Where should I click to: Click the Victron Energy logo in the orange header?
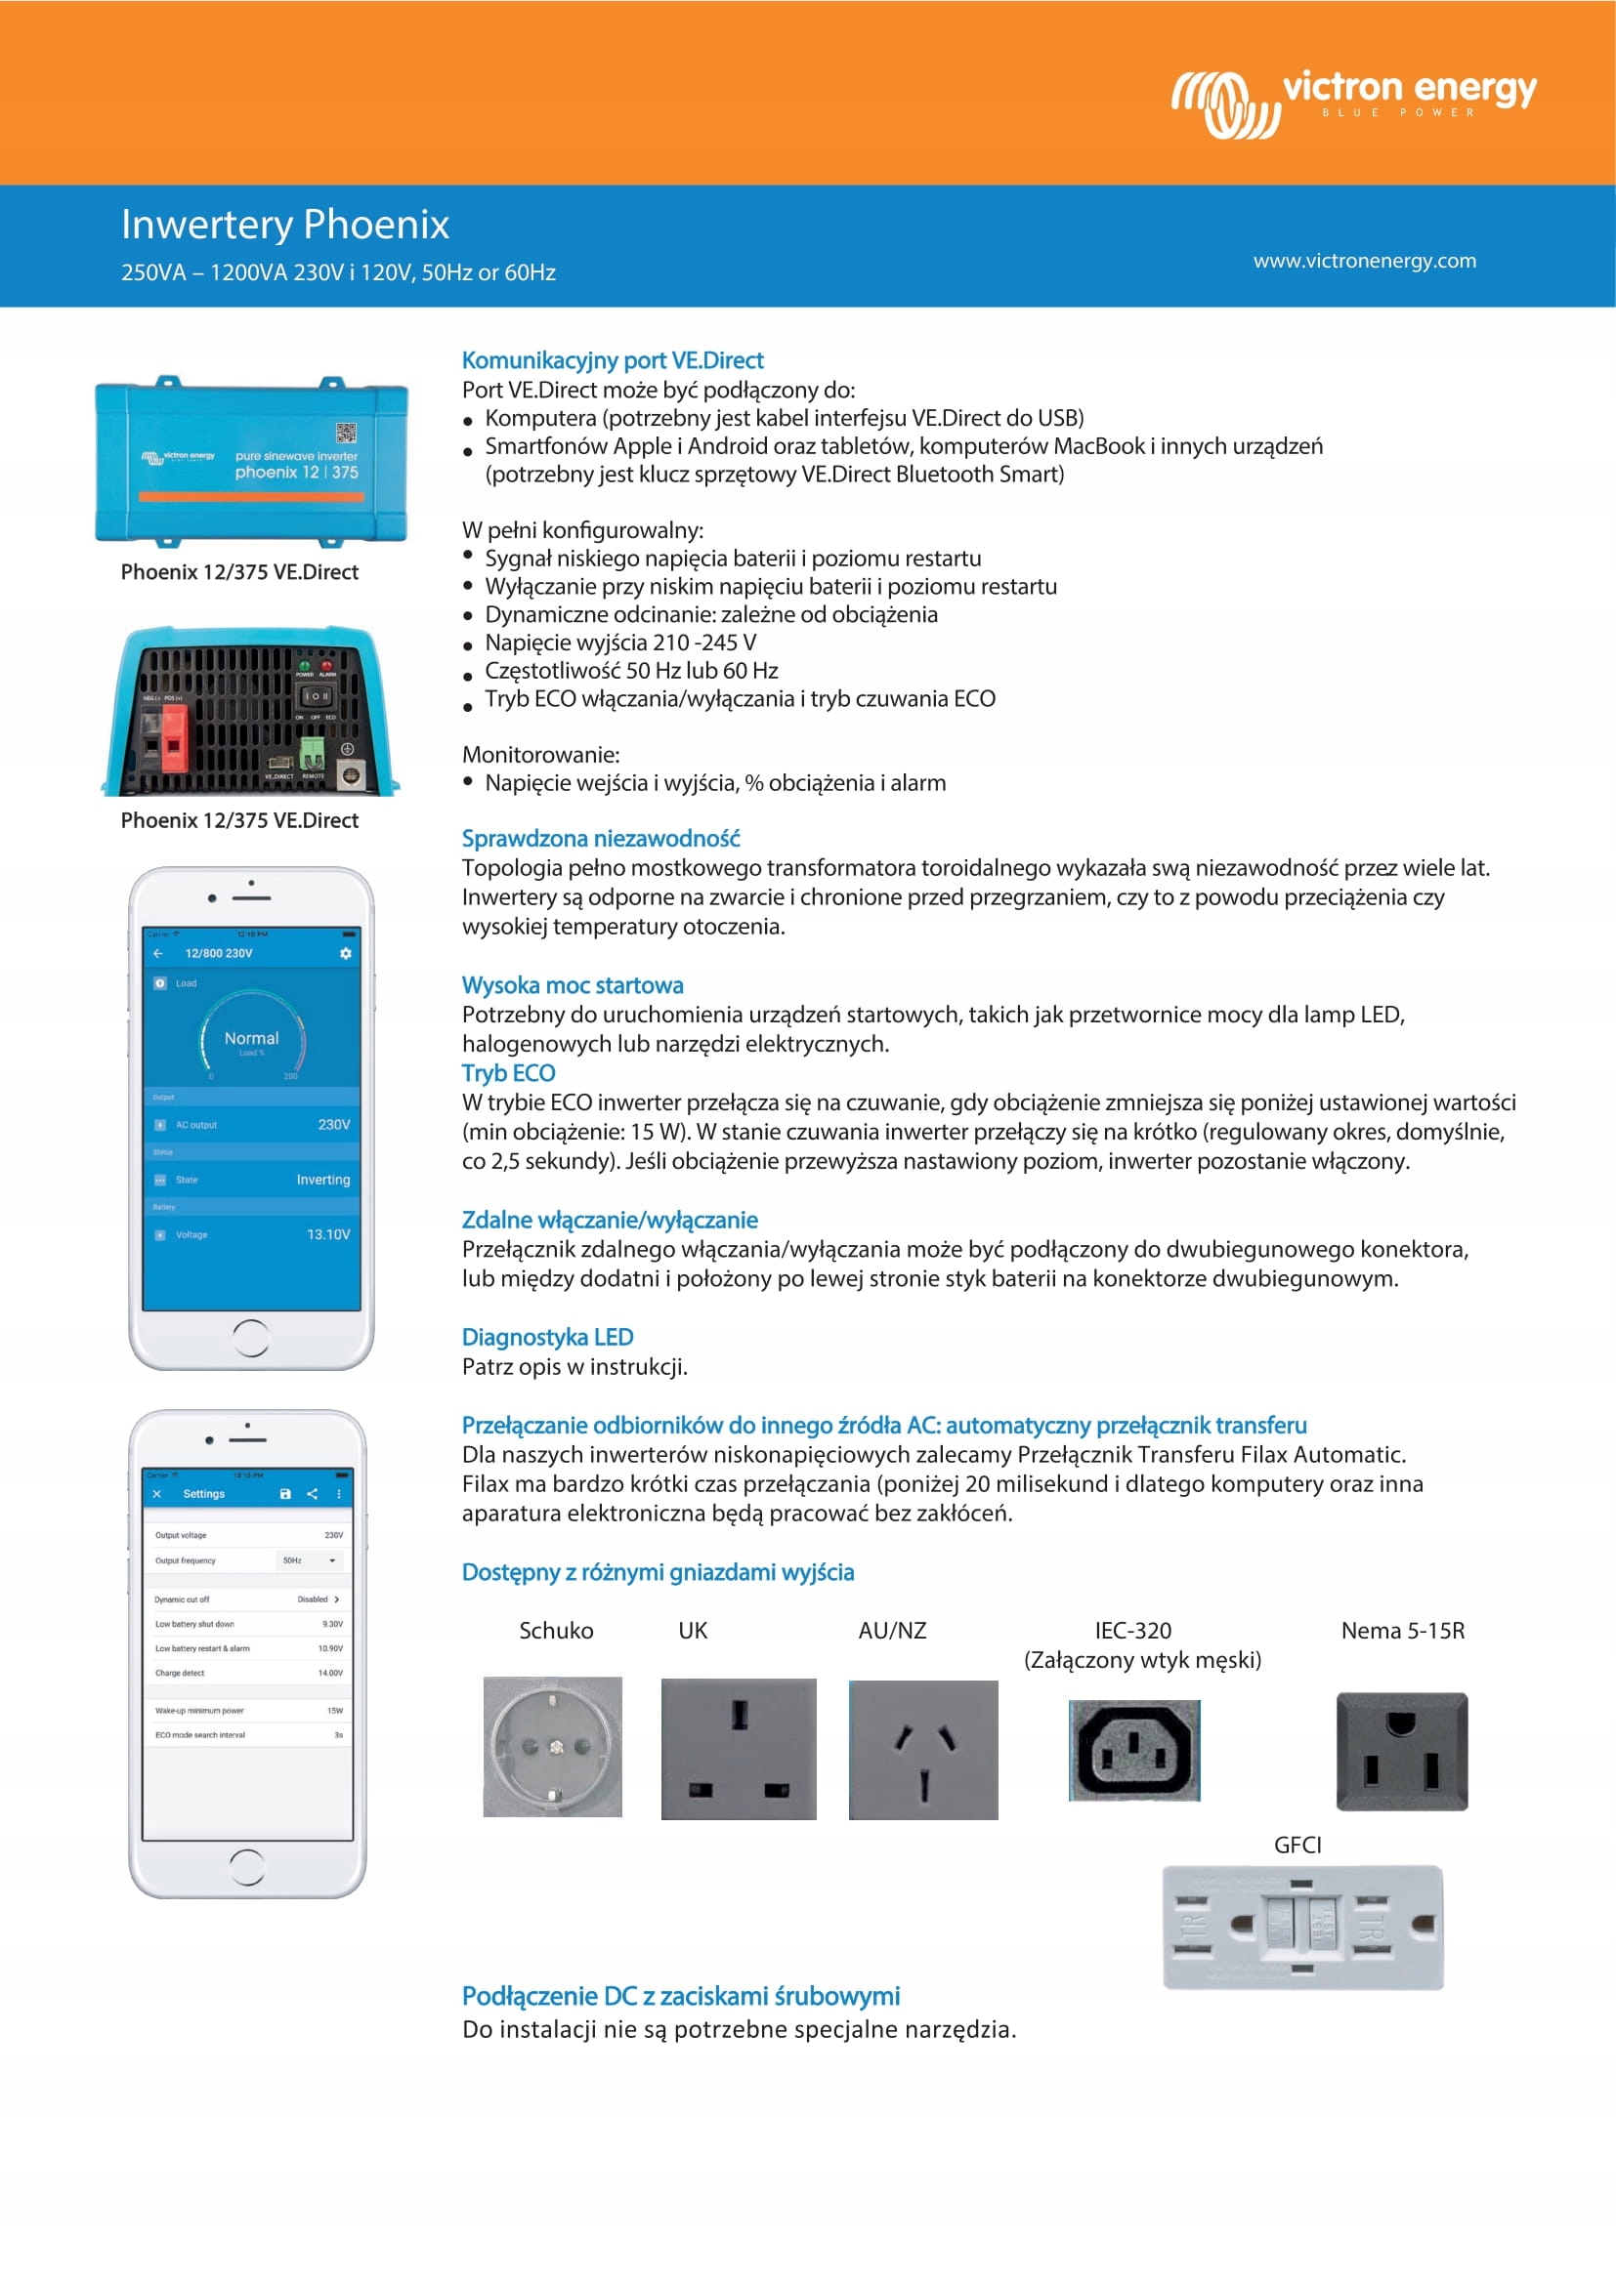point(1352,102)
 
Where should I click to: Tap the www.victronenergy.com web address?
point(1364,261)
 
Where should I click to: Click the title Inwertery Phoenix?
point(284,224)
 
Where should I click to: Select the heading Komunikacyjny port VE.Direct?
point(612,360)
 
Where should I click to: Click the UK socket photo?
point(739,1748)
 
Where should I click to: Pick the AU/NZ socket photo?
point(922,1749)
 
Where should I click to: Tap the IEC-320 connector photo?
point(1133,1750)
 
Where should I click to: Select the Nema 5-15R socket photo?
point(1401,1750)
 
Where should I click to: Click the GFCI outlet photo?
point(1301,1926)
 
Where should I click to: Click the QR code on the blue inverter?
point(345,433)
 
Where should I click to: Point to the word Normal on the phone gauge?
point(252,1038)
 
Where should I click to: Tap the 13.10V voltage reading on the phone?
point(328,1234)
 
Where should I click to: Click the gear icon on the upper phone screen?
point(345,953)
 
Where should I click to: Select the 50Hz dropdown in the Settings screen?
point(310,1559)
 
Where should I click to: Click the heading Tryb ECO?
point(507,1072)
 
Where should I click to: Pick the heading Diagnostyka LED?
point(547,1337)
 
